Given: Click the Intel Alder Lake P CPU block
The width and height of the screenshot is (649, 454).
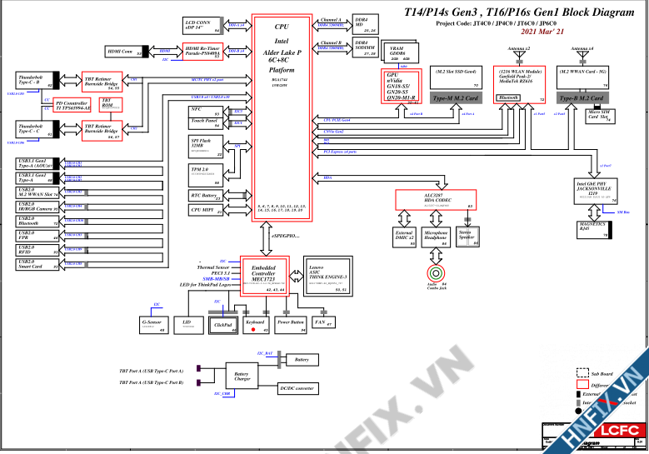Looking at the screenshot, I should click(x=282, y=117).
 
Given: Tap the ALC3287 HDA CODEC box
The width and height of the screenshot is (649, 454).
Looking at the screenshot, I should click(x=435, y=199).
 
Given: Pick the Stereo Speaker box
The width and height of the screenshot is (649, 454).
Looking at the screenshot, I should click(x=467, y=237).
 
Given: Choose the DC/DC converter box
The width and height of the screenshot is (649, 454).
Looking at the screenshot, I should click(x=297, y=389).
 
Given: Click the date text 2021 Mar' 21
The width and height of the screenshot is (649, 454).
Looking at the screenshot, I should click(x=541, y=31).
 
